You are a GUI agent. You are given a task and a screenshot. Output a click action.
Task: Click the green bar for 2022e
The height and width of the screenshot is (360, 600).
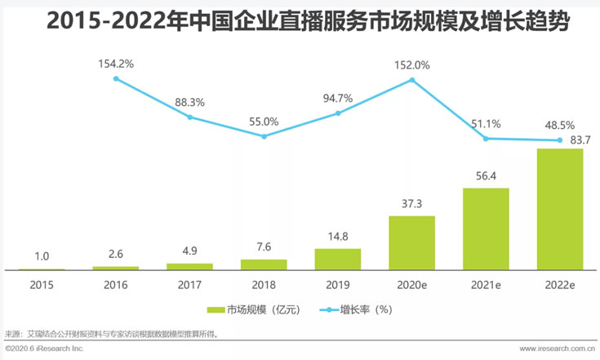pos(560,209)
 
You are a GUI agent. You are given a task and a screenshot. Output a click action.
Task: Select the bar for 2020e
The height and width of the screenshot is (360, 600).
pos(411,242)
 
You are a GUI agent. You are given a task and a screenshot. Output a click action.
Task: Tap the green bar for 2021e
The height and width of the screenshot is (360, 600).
pos(486,229)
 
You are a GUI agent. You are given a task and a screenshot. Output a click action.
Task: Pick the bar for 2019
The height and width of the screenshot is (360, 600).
pos(338,259)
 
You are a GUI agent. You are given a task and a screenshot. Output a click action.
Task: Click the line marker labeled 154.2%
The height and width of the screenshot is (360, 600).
pos(116,78)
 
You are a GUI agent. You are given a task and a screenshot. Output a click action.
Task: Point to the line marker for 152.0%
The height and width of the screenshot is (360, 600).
pos(412,80)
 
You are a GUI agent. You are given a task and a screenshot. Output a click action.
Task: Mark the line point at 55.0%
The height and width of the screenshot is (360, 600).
pos(264,136)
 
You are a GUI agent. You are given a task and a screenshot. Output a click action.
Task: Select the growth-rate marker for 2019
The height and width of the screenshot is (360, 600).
pos(338,113)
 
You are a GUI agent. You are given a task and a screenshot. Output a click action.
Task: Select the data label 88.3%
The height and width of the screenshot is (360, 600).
pos(190,103)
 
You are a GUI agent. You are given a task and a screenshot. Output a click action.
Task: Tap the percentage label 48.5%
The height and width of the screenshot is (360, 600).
pos(560,126)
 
